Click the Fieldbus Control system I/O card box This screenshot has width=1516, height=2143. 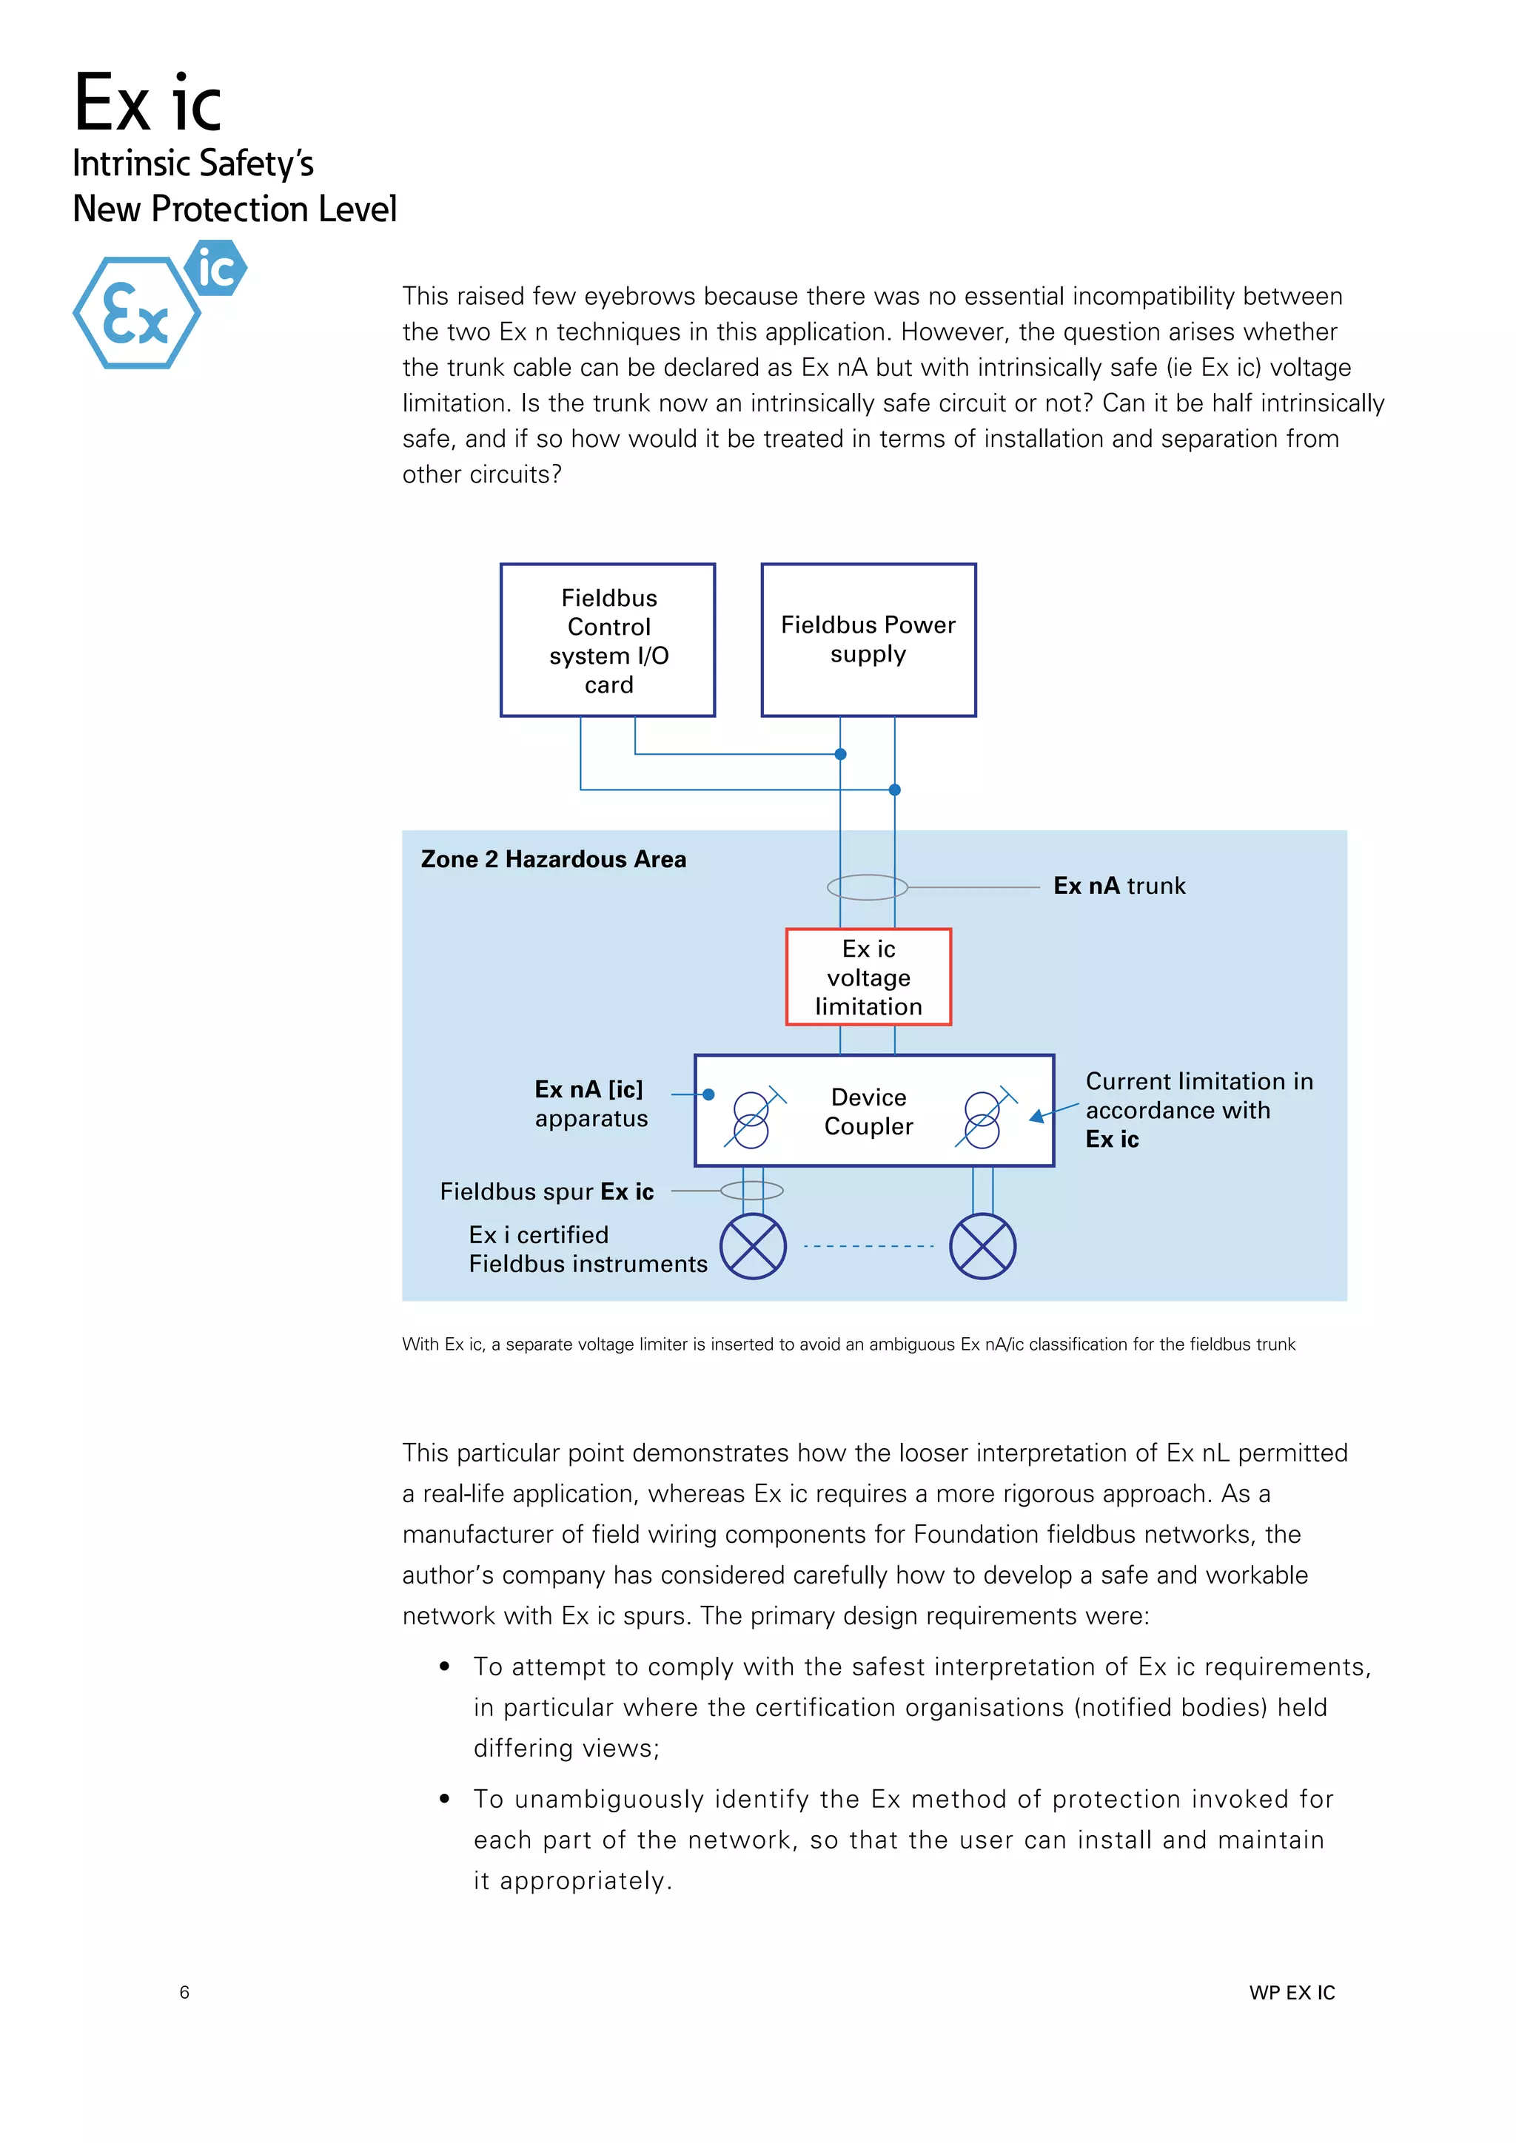pos(608,640)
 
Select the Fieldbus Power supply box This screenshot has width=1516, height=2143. pos(868,640)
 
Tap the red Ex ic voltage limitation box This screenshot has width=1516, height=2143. pos(868,978)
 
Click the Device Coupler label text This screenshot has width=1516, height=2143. pos(868,1111)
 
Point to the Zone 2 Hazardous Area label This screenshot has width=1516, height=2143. pos(553,860)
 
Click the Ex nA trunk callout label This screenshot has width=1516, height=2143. pos(1118,886)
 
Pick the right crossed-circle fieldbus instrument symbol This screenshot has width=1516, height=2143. pos(982,1246)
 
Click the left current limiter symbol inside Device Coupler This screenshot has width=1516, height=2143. pos(751,1119)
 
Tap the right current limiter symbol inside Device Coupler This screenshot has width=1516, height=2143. pos(982,1119)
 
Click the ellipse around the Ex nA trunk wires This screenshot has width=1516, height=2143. pos(868,887)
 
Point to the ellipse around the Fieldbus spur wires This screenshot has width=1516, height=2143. pos(751,1190)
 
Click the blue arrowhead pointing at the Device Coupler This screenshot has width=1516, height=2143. pos(1036,1117)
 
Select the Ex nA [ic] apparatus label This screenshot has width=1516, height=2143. pos(590,1103)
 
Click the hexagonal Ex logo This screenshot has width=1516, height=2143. pos(136,314)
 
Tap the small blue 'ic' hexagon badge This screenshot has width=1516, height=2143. pos(215,269)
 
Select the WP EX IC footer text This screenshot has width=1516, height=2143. pos(1292,1993)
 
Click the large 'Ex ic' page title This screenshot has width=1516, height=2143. pos(147,104)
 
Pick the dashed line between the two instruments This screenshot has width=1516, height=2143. pos(868,1246)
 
